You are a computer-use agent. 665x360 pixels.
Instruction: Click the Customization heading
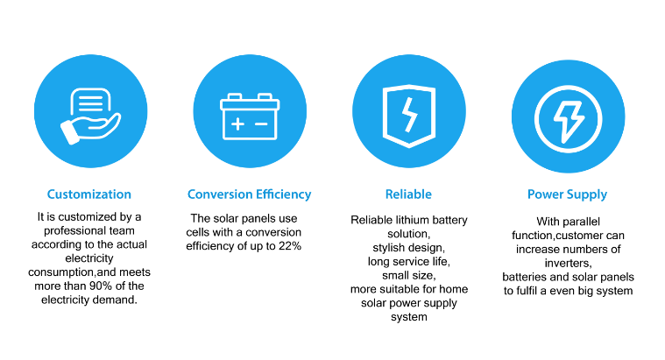pos(89,194)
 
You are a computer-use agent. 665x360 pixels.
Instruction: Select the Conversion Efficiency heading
pos(250,194)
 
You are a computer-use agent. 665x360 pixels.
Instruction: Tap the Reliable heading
pos(408,194)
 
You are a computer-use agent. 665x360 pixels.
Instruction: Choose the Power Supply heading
pos(568,194)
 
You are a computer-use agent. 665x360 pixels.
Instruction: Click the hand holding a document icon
pos(90,116)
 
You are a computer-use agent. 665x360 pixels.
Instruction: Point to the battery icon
pos(250,116)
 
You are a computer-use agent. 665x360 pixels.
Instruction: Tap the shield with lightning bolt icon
pos(409,116)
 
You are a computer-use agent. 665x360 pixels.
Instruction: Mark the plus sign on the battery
pos(237,124)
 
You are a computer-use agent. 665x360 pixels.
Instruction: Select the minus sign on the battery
pos(261,124)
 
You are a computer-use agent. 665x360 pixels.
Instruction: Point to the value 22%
pos(290,246)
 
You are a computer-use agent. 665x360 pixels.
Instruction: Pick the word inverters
pos(568,264)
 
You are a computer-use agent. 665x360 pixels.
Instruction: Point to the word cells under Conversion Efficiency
pos(198,232)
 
